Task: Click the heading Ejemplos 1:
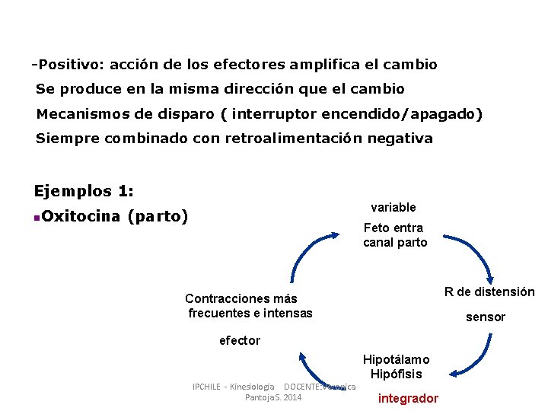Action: pos(84,190)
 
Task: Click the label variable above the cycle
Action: pos(393,207)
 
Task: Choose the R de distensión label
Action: pos(489,292)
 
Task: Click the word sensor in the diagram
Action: pos(486,317)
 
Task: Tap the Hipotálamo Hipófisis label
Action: pos(396,366)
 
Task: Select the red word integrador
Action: pos(408,398)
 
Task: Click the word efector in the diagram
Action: pos(240,340)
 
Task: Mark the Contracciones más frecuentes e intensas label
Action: pos(250,306)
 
